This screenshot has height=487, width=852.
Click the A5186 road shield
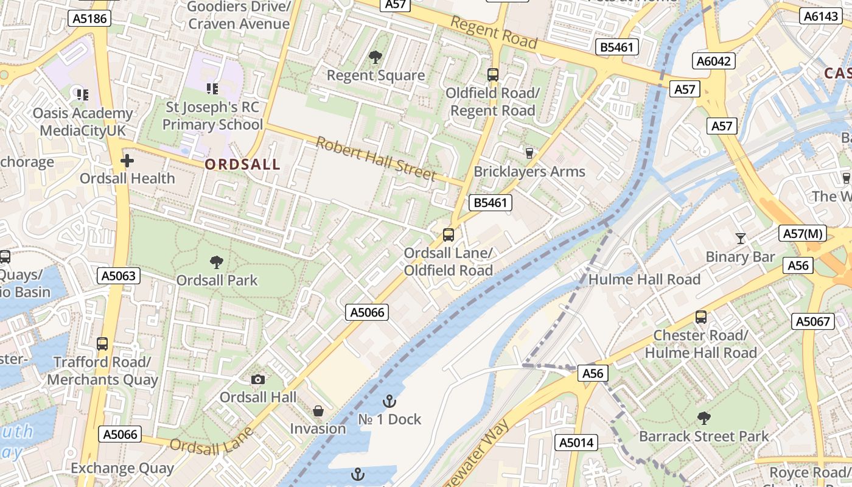(89, 19)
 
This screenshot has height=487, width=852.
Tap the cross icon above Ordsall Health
(127, 161)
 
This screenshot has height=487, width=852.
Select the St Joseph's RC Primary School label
(212, 116)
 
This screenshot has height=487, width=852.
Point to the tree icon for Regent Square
(375, 57)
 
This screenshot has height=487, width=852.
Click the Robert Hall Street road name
(375, 158)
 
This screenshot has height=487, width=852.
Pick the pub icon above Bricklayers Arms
(529, 153)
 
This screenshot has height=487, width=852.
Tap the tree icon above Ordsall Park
(216, 262)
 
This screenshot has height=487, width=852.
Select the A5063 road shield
(119, 276)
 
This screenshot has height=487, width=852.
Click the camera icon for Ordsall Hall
(258, 380)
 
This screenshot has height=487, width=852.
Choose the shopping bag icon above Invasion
(318, 412)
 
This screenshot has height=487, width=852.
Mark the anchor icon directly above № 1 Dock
(389, 401)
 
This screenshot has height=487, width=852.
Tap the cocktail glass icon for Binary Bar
(741, 239)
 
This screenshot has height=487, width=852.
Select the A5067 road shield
(812, 321)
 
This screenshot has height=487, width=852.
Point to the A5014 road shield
(576, 443)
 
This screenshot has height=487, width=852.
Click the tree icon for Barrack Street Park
(704, 418)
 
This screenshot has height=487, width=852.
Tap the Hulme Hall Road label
(644, 280)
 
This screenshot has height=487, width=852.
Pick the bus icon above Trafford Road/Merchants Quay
(102, 344)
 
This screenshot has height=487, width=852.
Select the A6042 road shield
(714, 61)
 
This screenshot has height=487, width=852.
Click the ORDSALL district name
(242, 164)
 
